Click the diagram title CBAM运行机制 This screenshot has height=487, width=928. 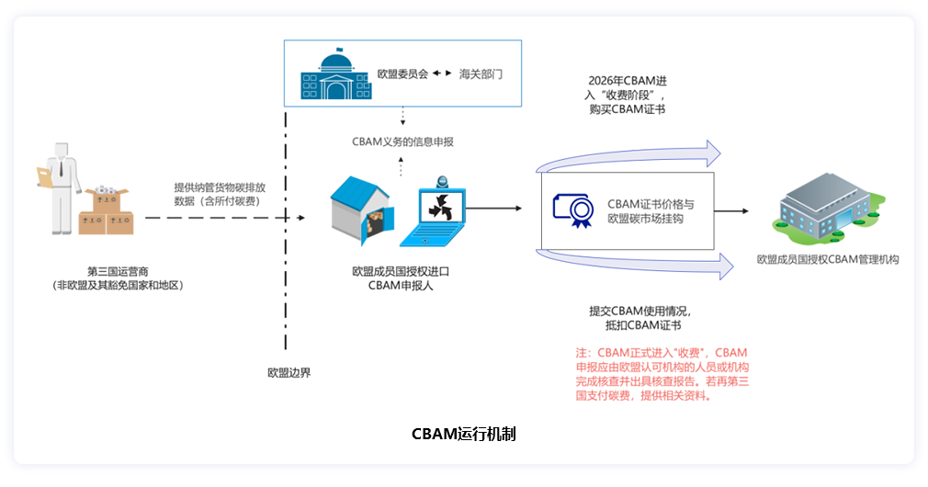coord(463,434)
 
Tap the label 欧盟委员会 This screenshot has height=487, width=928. coord(402,73)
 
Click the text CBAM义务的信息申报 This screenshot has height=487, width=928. coord(402,142)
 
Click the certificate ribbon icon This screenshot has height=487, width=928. coord(575,210)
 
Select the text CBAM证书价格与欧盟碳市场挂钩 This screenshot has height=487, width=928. coord(651,210)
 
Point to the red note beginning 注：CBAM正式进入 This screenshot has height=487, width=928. coord(662,374)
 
